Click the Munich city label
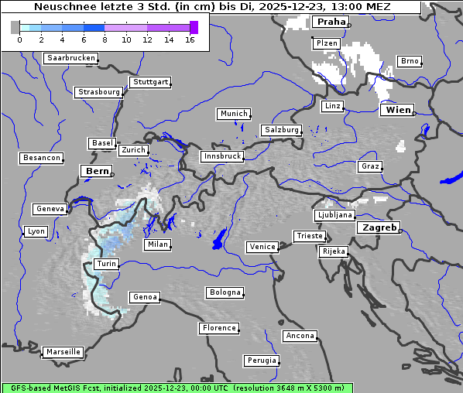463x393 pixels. [233, 114]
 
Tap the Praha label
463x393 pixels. [331, 22]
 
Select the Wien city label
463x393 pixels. [397, 110]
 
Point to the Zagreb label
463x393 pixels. [378, 227]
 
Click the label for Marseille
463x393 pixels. [63, 351]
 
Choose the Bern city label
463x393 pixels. [97, 170]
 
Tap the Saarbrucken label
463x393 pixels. [71, 58]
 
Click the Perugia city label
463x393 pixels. [261, 361]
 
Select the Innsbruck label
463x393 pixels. [221, 156]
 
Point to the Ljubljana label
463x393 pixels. [334, 215]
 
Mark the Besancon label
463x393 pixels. [41, 158]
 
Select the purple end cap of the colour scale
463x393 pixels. [194, 27]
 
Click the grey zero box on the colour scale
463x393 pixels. [15, 27]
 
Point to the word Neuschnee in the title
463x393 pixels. [63, 7]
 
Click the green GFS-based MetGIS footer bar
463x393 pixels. [177, 388]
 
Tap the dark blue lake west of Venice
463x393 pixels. [219, 238]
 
